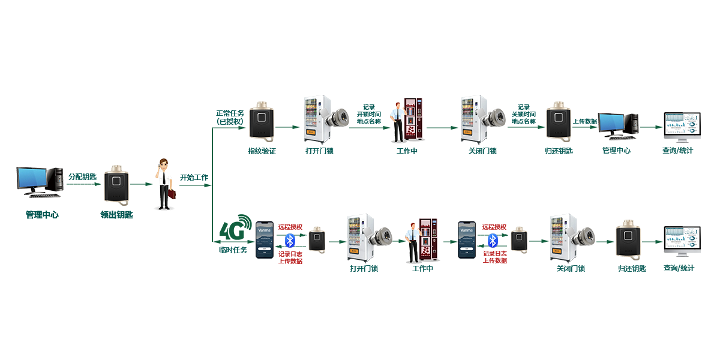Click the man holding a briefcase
point(164,183)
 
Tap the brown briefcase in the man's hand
point(171,194)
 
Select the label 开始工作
point(194,178)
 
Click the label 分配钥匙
point(82,176)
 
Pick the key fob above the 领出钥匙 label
point(116,185)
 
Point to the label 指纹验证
point(262,151)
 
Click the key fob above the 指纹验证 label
point(262,122)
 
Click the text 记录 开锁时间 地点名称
point(368,114)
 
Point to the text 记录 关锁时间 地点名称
point(523,114)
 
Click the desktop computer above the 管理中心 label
point(617,125)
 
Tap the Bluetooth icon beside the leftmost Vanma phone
point(290,241)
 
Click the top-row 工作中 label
point(407,151)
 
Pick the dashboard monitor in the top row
point(682,125)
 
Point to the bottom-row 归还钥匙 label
point(632,268)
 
